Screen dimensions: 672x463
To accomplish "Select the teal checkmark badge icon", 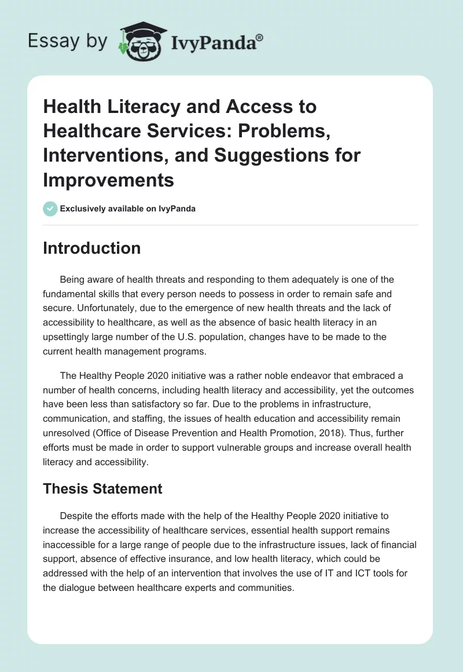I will click(50, 209).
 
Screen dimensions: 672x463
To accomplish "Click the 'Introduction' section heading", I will click(91, 248).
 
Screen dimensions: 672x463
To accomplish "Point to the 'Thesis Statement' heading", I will click(102, 488).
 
